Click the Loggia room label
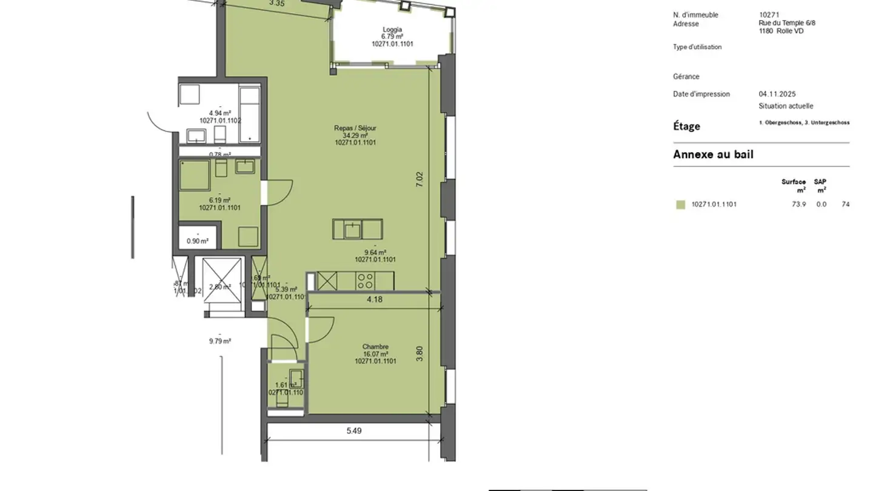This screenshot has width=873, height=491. click(x=392, y=30)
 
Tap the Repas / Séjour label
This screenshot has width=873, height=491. click(x=355, y=128)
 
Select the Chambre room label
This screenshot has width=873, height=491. click(x=376, y=347)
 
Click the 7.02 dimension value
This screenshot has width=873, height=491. click(x=420, y=179)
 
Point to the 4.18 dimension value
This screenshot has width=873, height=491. click(x=375, y=299)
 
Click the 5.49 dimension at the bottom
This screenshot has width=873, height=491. click(x=354, y=431)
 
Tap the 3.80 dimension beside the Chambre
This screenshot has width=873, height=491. click(x=420, y=353)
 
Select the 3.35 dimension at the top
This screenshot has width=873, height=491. click(x=276, y=4)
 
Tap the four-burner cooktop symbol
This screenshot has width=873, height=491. click(x=366, y=280)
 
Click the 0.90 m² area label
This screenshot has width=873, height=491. click(x=197, y=241)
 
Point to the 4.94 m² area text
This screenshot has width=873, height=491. click(x=219, y=113)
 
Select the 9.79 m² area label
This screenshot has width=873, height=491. click(x=219, y=341)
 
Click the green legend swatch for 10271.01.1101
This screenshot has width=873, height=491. click(x=681, y=205)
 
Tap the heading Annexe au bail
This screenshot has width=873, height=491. click(x=713, y=155)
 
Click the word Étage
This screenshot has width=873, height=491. click(x=686, y=126)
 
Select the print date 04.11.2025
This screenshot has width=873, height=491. click(x=777, y=94)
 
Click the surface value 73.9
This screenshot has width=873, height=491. click(x=798, y=204)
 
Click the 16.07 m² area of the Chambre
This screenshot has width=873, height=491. click(x=376, y=354)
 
